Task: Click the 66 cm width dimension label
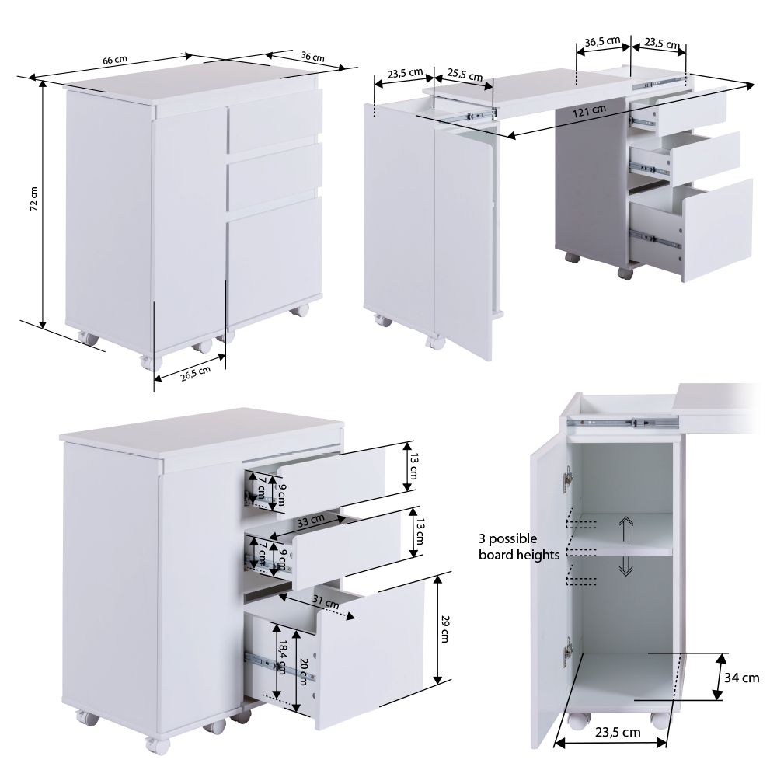(115, 60)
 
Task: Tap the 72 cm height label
(33, 199)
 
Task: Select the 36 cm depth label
(312, 57)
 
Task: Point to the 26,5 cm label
(196, 373)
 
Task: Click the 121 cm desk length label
(590, 111)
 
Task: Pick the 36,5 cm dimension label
(602, 41)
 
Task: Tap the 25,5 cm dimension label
(465, 75)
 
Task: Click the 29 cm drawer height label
(444, 629)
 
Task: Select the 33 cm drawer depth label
(311, 521)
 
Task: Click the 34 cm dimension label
(742, 678)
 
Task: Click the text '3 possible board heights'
(519, 546)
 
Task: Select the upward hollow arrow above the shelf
(626, 528)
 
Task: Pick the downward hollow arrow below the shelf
(626, 566)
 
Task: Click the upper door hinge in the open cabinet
(568, 478)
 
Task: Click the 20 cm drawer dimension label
(304, 671)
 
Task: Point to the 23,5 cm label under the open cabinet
(618, 733)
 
